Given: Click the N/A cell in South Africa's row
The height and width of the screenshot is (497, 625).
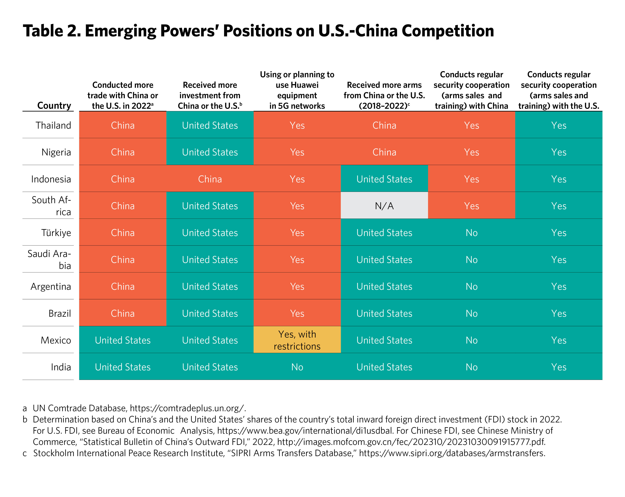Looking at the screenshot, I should (x=384, y=206).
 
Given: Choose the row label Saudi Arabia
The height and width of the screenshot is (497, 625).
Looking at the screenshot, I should (x=49, y=259).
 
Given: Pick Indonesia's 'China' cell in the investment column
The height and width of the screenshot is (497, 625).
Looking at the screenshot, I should (x=210, y=179).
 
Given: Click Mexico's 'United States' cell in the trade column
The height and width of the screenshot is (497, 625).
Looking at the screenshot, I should (x=123, y=340).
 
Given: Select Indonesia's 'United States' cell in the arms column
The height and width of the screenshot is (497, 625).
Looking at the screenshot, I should (x=384, y=179).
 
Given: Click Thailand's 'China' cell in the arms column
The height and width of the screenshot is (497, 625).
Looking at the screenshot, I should (x=384, y=125).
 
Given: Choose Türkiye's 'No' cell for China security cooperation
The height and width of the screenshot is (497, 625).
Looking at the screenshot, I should (x=471, y=233).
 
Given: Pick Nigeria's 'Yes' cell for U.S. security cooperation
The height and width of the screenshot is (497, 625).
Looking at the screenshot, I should (x=559, y=152).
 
